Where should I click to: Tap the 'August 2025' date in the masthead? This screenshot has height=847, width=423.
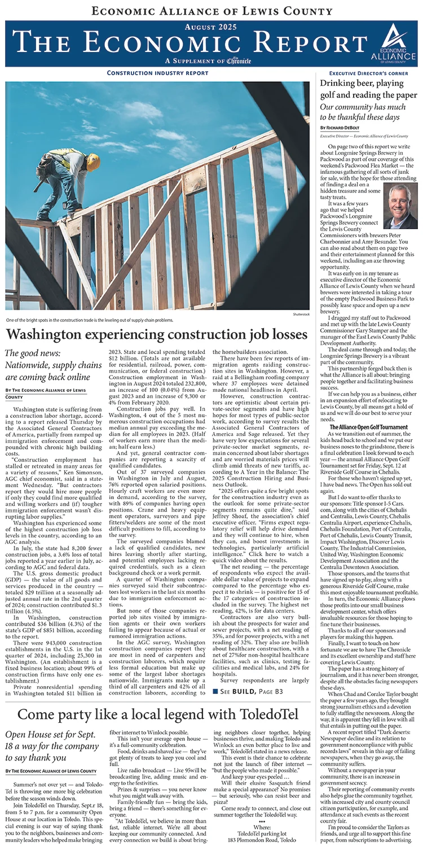pyautogui.click(x=211, y=26)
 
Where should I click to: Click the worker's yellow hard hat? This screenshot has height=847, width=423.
pyautogui.click(x=93, y=162)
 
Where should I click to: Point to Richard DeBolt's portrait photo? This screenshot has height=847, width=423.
pyautogui.click(x=400, y=206)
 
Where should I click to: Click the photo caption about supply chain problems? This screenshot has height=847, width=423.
pyautogui.click(x=88, y=320)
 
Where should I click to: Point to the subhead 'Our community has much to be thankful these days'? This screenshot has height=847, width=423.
pyautogui.click(x=360, y=112)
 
